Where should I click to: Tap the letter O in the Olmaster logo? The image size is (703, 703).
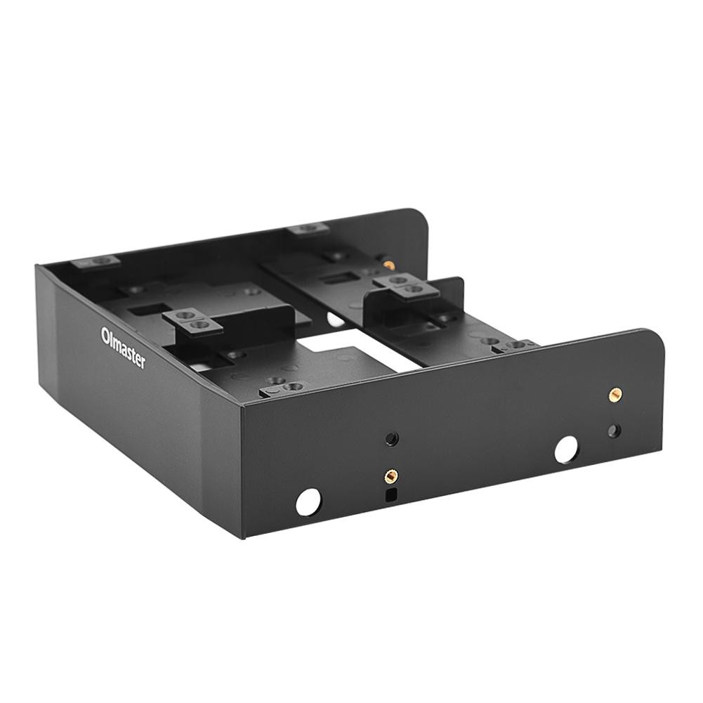click(105, 331)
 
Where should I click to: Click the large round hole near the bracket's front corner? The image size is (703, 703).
click(308, 501)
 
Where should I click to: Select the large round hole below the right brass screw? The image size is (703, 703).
click(566, 449)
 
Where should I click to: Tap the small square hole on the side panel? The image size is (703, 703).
click(390, 494)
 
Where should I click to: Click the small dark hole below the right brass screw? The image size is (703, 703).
click(615, 430)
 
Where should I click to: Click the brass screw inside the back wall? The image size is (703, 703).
click(388, 265)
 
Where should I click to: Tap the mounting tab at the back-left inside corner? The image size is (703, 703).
click(96, 261)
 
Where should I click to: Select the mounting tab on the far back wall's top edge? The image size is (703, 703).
click(308, 228)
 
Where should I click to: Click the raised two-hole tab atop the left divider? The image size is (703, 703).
click(192, 320)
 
